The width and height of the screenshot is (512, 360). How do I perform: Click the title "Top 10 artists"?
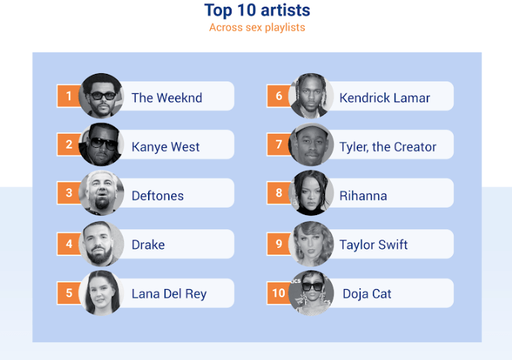(x=257, y=10)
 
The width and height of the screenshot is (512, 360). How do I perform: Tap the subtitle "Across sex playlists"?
(x=257, y=28)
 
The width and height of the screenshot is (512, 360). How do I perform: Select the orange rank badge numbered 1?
(x=69, y=96)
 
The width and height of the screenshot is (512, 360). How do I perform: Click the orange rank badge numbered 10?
(x=279, y=293)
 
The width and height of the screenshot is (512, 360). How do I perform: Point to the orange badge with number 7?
(x=279, y=144)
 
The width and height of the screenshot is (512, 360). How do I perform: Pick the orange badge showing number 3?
(x=69, y=193)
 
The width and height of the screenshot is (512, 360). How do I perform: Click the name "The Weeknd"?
(x=167, y=98)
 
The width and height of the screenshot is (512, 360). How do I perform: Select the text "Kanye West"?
(x=165, y=147)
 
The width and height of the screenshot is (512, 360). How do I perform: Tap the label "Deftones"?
(x=158, y=196)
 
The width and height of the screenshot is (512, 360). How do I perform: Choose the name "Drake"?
(x=148, y=245)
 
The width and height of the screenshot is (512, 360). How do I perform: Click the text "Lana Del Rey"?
(x=169, y=294)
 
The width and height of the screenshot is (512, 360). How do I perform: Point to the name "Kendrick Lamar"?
(x=385, y=98)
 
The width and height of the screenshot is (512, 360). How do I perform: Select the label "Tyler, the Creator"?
(x=388, y=147)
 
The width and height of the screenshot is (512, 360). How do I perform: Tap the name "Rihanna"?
(x=363, y=196)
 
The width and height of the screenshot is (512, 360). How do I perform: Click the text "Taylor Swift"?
(x=374, y=245)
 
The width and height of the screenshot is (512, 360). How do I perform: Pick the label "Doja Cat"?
(x=367, y=294)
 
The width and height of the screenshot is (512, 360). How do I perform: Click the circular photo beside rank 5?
(x=102, y=293)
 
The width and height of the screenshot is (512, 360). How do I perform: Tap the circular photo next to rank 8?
(x=311, y=193)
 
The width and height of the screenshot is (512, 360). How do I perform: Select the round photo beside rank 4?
(x=102, y=243)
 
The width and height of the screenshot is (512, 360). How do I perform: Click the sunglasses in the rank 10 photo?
(x=312, y=287)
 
